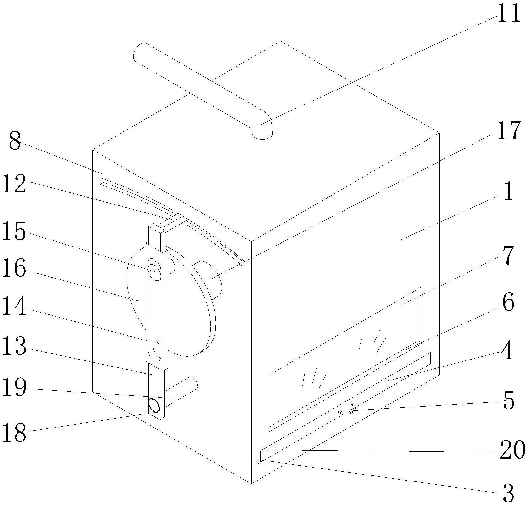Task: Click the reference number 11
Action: click(509, 13)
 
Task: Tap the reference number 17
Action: click(509, 131)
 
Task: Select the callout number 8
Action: click(15, 142)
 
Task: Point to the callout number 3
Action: click(508, 493)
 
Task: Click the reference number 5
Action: click(508, 401)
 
